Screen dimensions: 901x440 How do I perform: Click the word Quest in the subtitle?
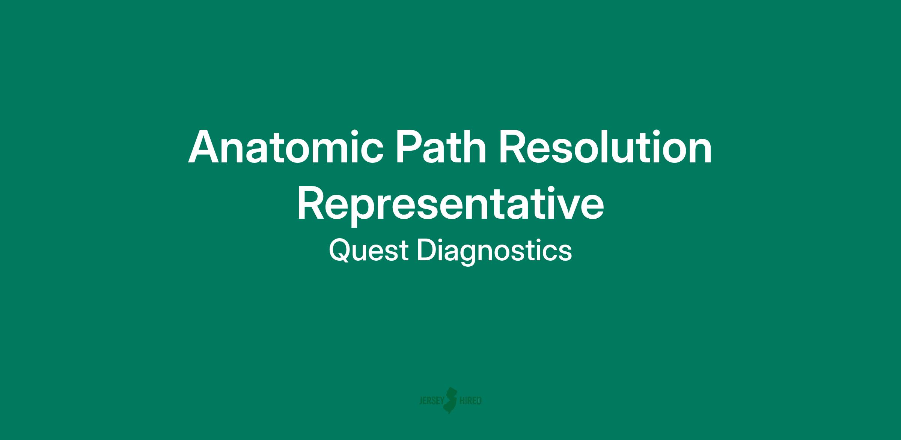tap(368, 251)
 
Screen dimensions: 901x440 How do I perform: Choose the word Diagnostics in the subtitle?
tap(494, 252)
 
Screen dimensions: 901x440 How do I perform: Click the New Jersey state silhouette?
tap(450, 400)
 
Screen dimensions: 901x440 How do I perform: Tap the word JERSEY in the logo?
tap(431, 401)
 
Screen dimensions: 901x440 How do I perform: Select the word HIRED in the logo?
tap(470, 401)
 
